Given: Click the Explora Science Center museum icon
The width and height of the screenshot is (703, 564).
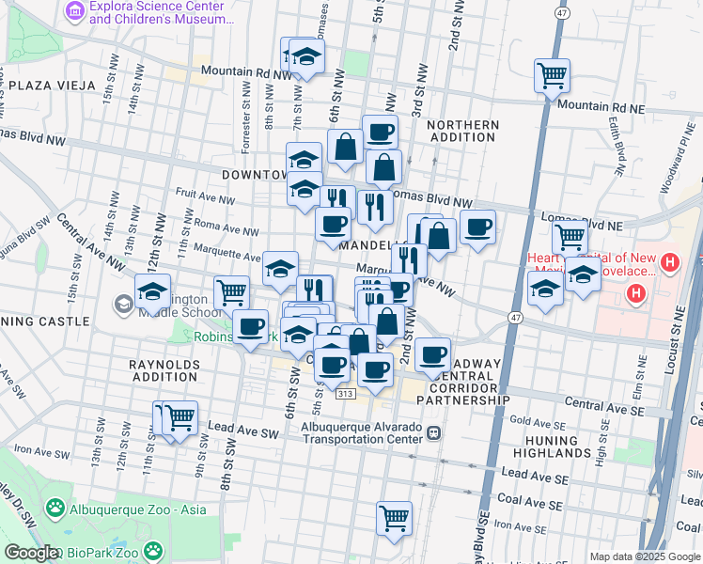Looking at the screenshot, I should tap(75, 11).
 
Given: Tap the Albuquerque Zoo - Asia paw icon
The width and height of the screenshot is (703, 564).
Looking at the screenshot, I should tap(55, 509).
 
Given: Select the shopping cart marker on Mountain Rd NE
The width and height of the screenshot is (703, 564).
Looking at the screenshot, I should tap(552, 75).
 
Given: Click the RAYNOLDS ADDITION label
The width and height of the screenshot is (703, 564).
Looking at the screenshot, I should tap(164, 369).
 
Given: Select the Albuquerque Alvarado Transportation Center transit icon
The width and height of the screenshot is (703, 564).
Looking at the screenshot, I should tap(433, 432).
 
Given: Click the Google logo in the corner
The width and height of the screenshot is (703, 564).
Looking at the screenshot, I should tap(30, 553).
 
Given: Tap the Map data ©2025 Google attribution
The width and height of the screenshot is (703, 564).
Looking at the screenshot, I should tap(644, 556).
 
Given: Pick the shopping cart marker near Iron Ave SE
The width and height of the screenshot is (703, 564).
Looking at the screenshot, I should tap(394, 517).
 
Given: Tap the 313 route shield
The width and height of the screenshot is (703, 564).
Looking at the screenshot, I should tap(346, 394).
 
